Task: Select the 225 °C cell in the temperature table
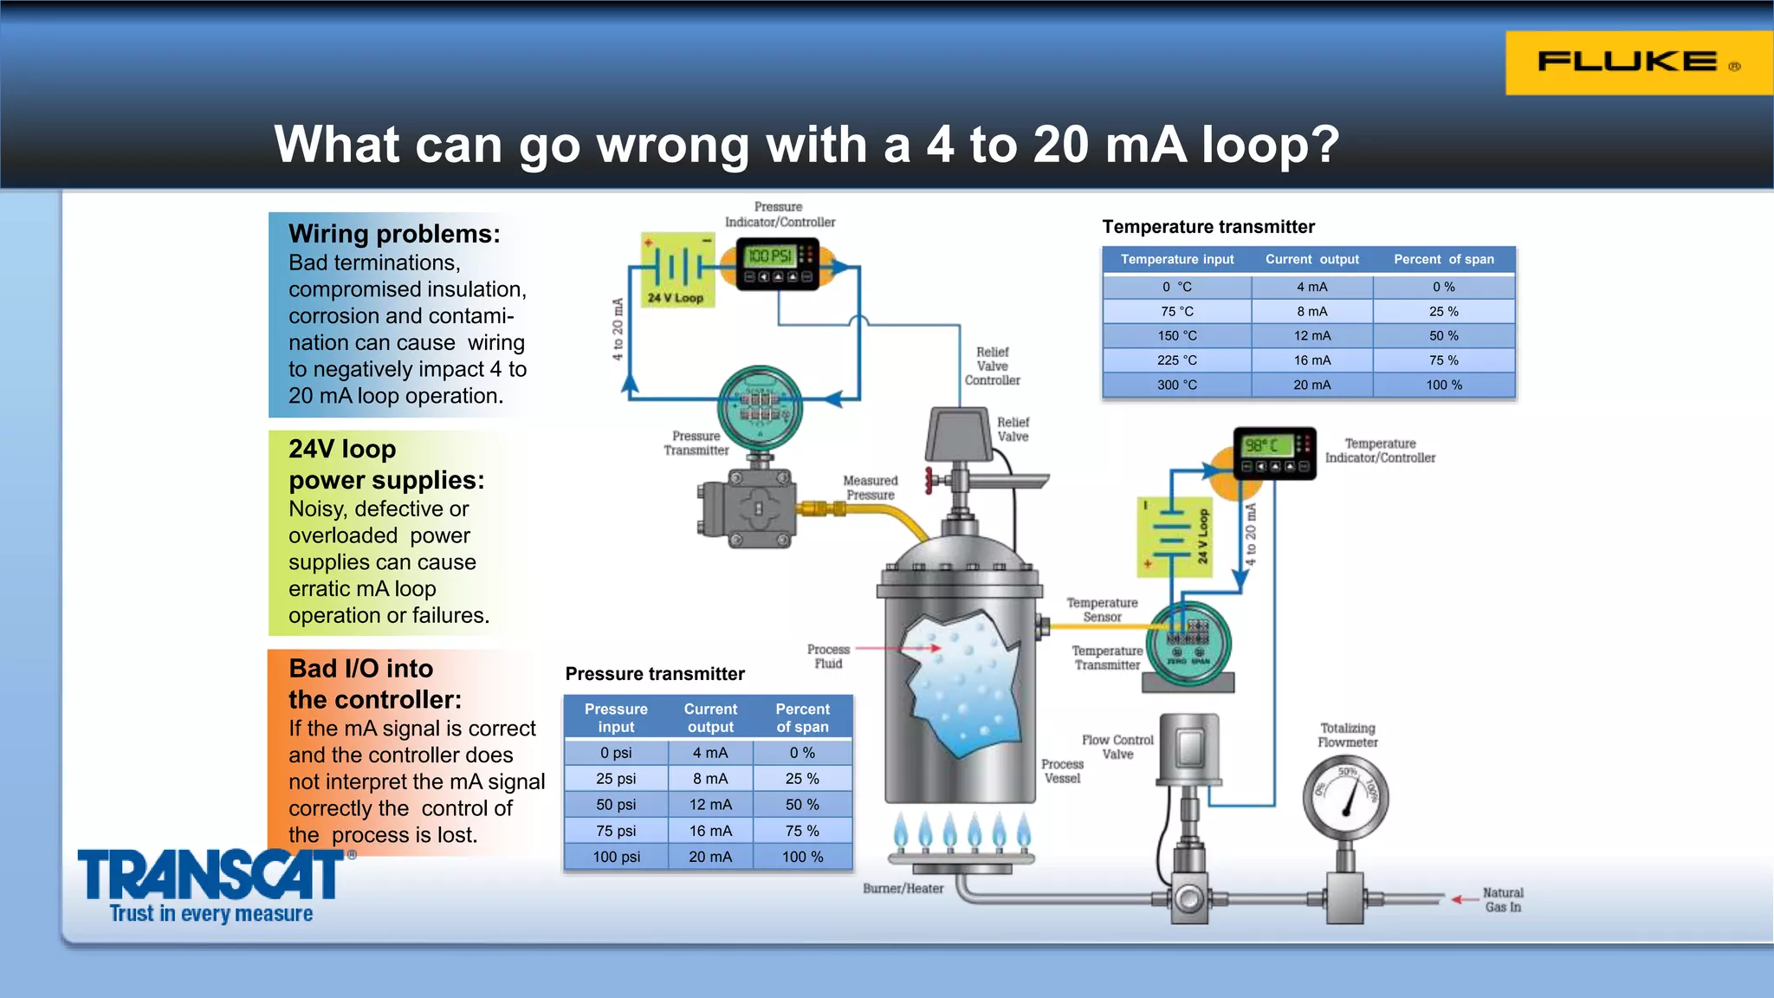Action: coord(1176,360)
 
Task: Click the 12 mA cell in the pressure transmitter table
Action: coord(710,805)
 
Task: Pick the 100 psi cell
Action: coord(616,857)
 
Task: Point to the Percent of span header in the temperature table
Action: coord(1443,259)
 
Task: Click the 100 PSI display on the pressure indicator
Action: coord(769,256)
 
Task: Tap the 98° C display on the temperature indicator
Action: coord(1262,445)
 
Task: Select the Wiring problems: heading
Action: coord(394,234)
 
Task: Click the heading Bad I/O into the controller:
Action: coord(374,684)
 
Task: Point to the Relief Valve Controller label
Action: coord(993,366)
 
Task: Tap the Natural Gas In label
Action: coord(1503,900)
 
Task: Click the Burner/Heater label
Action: coord(903,889)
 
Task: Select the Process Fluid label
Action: coord(828,657)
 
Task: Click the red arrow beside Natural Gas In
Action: coord(1466,899)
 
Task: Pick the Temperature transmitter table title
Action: coord(1208,227)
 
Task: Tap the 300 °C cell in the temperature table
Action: coord(1176,385)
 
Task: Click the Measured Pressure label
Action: coord(871,488)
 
